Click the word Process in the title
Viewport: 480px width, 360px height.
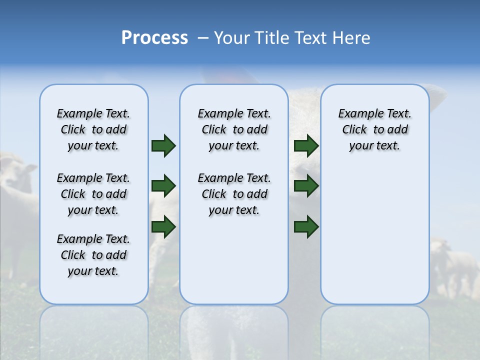154,38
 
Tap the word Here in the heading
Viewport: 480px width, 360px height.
351,38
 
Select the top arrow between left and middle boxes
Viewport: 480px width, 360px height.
163,145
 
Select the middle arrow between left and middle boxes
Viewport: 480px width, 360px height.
163,186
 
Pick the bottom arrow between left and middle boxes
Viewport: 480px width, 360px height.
163,227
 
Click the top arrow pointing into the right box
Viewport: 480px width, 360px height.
306,145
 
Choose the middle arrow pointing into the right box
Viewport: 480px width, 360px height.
306,186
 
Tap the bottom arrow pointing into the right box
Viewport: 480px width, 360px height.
306,227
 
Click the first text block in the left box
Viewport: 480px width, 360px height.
93,129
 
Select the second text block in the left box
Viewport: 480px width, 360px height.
93,194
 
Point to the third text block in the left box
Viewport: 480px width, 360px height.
93,255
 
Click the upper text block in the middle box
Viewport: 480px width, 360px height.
234,129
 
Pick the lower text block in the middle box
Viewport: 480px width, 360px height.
234,194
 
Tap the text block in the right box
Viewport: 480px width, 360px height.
374,129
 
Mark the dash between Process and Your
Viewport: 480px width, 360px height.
202,38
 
